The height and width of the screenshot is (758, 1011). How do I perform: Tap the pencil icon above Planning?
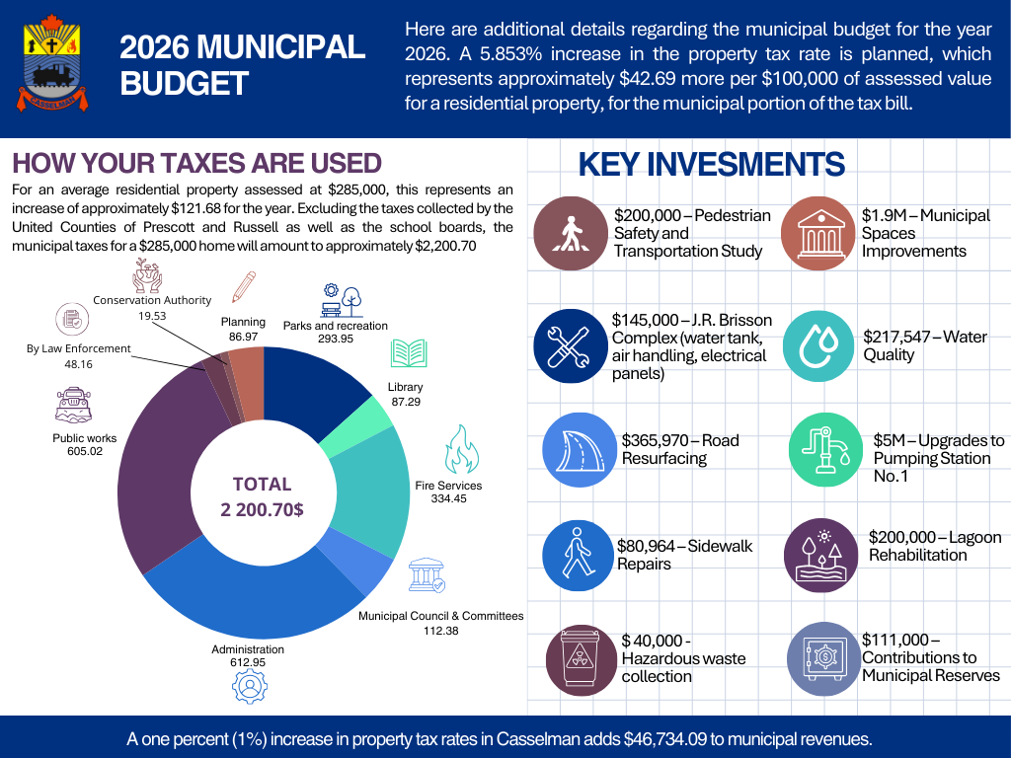242,287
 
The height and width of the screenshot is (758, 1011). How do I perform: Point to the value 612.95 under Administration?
248,662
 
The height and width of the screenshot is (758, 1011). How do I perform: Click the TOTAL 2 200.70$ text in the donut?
262,496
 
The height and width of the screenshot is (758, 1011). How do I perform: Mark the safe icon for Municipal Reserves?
822,657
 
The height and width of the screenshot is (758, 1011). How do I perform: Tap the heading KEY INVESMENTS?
711,164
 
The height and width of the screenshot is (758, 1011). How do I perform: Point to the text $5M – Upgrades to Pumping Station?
938,458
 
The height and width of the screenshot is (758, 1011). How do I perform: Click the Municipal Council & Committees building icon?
427,576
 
